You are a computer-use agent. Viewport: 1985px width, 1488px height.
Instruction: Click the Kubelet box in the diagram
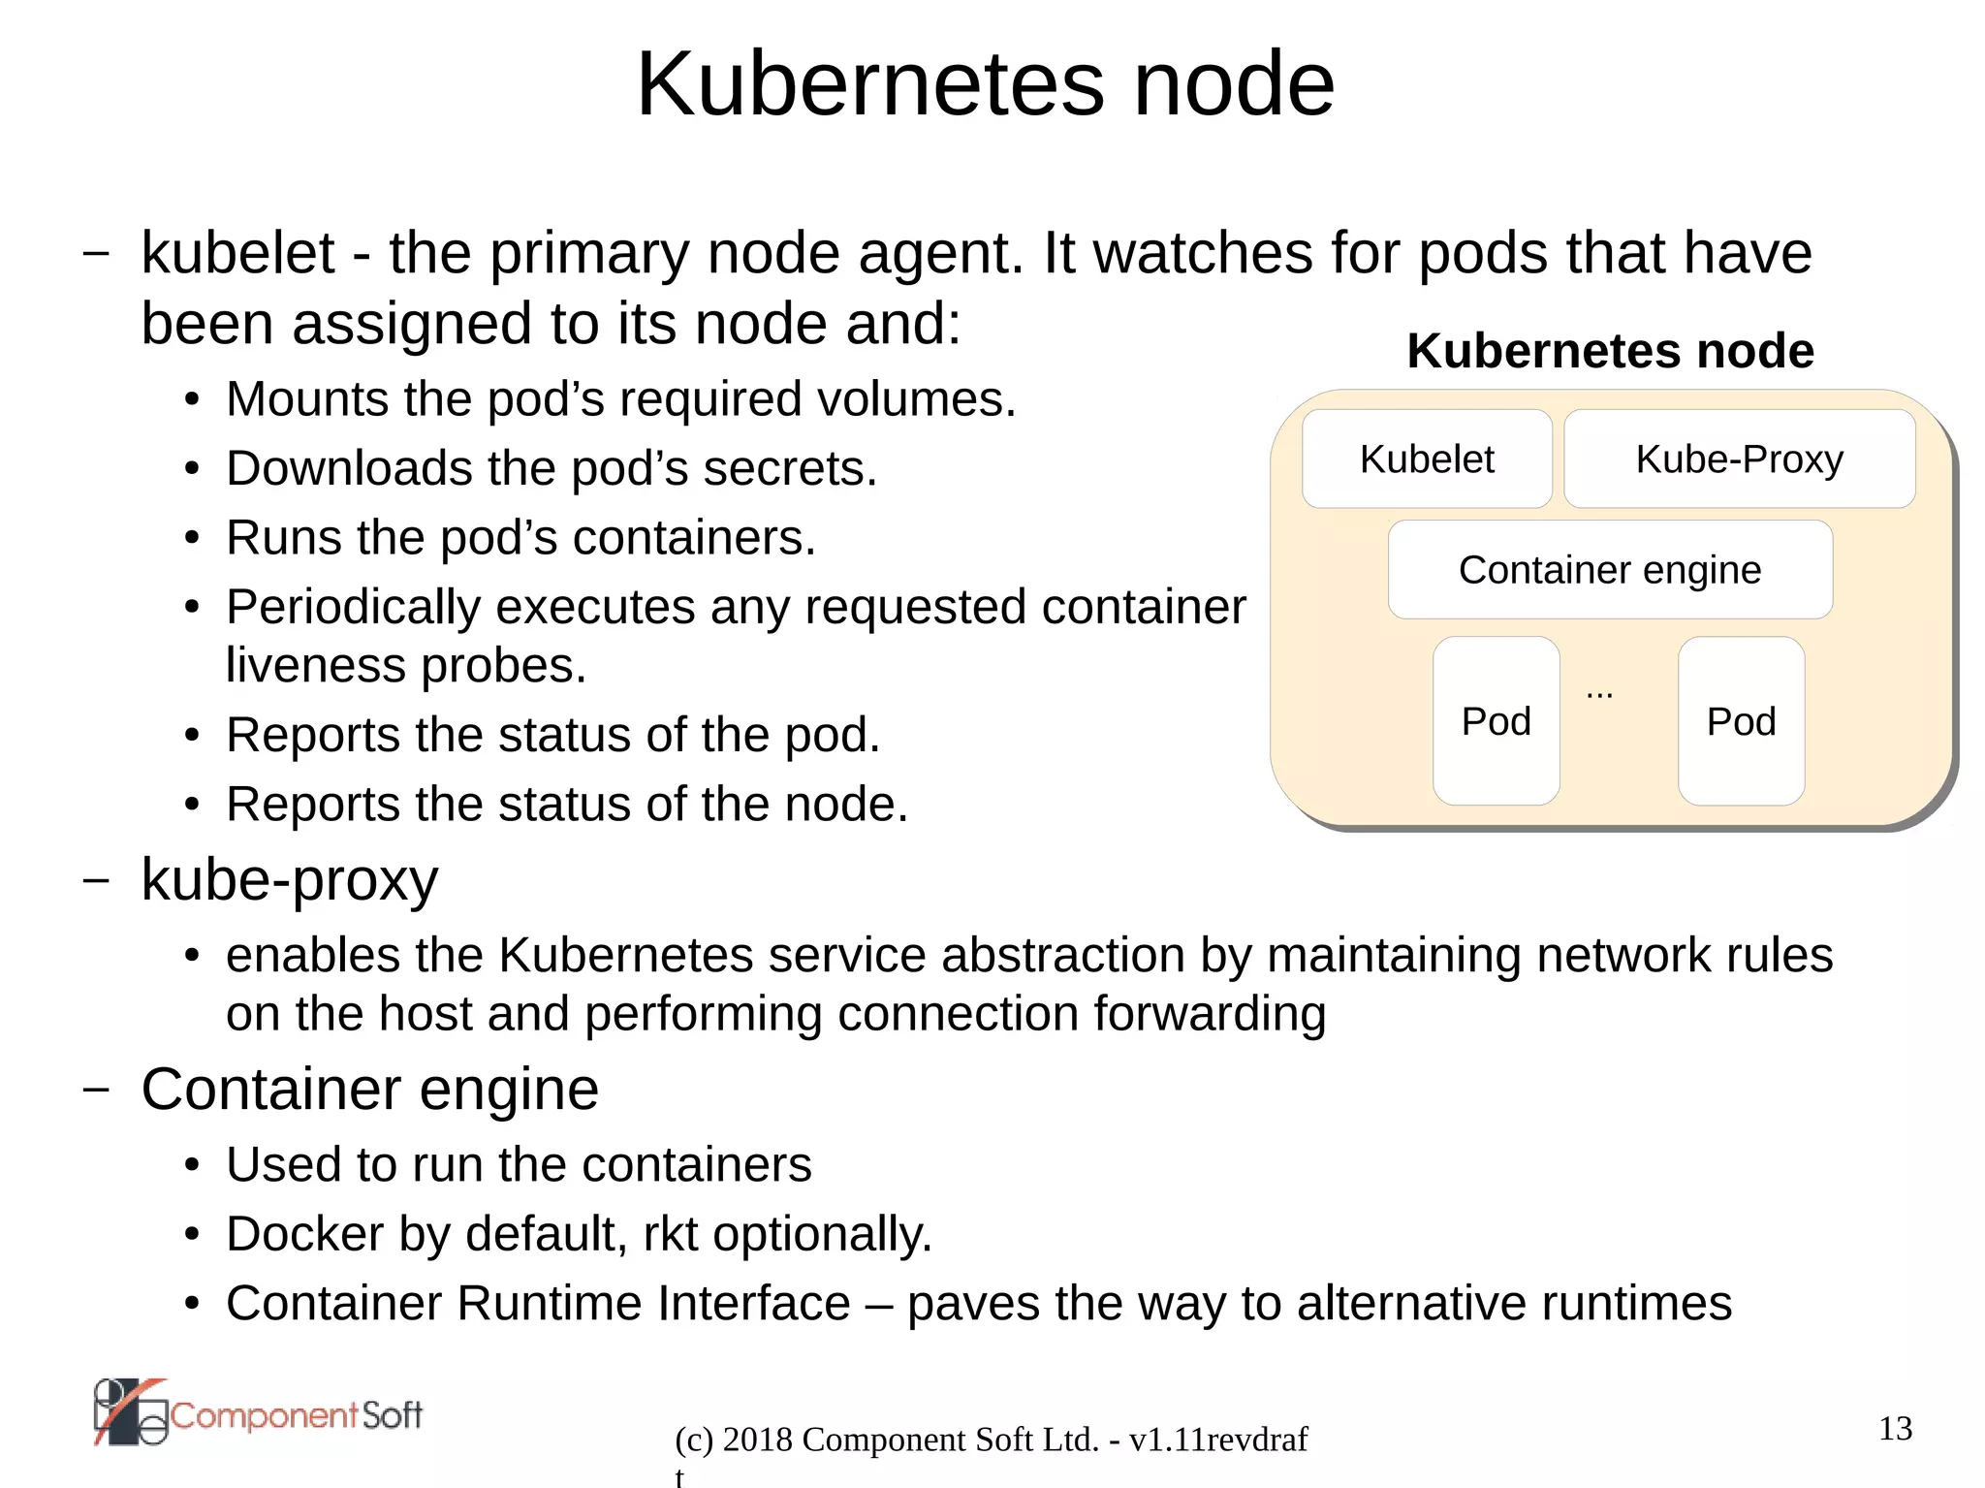pos(1426,459)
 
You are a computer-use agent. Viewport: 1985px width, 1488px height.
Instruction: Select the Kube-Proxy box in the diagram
pos(1739,459)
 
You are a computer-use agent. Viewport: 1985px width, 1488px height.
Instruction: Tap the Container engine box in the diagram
pos(1609,570)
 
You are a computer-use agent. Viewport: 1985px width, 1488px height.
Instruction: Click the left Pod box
pos(1496,721)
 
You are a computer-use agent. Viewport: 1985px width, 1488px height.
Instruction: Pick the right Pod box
pos(1741,721)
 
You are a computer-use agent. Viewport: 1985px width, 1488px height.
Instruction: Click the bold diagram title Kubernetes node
pos(1610,351)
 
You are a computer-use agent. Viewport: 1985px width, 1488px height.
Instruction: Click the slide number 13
pos(1895,1428)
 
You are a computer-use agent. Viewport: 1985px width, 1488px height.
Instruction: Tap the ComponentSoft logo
pos(258,1413)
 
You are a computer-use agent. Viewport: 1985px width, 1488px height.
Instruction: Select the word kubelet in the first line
pos(237,254)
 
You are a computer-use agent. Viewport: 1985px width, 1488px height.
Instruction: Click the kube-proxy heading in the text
pos(289,880)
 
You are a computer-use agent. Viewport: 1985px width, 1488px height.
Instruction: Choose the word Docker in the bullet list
pos(304,1234)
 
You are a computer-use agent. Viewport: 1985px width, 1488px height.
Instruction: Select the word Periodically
pos(353,608)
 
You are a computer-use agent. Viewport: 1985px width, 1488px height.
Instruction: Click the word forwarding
pos(1209,1015)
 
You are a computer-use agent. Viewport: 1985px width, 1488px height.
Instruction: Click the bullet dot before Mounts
pos(192,400)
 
